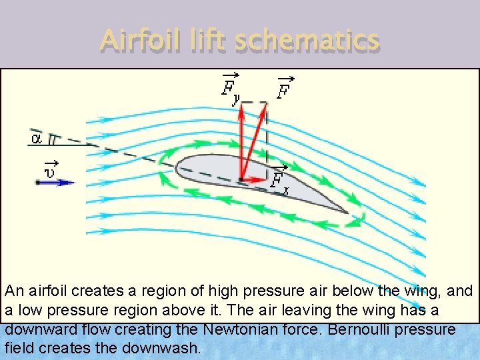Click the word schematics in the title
point(307,41)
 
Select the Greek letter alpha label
point(37,139)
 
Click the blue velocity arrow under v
point(56,181)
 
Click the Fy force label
point(231,89)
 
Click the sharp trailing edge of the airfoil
point(348,213)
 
